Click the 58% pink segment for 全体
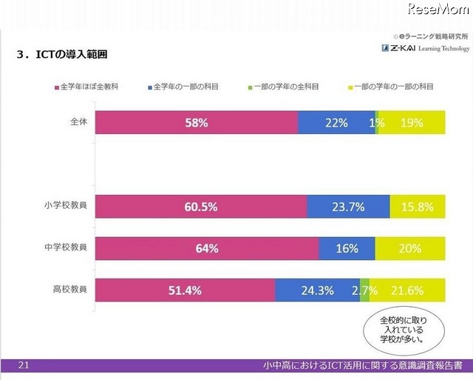click(x=196, y=123)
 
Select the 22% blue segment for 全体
click(x=336, y=123)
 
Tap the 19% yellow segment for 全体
click(x=412, y=123)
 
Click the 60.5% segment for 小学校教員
click(x=200, y=207)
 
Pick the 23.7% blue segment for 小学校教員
click(x=348, y=207)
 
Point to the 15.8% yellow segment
click(x=418, y=207)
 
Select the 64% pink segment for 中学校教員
click(x=207, y=248)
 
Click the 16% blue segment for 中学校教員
click(x=347, y=248)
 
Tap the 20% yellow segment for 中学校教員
click(x=410, y=248)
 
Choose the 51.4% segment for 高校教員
click(x=185, y=290)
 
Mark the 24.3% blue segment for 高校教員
click(x=317, y=290)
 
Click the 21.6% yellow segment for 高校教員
click(x=407, y=290)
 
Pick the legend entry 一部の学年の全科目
click(x=283, y=87)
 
